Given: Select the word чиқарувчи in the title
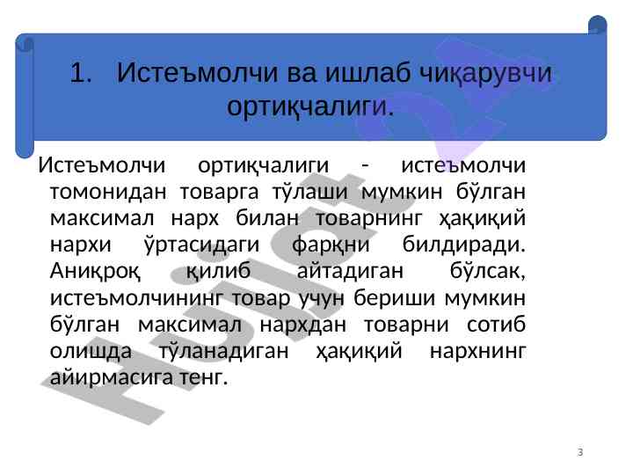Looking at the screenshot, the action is (x=485, y=74).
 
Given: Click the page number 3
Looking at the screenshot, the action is (x=580, y=452).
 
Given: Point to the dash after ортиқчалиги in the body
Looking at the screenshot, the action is (x=365, y=165).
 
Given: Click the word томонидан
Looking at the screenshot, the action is (x=108, y=192).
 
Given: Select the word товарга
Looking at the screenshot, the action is (x=219, y=193).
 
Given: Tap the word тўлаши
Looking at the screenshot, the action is (x=310, y=191).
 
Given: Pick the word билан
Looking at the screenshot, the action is (x=267, y=218).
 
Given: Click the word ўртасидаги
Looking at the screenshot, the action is (x=201, y=245).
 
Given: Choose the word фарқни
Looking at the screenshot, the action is (x=331, y=245).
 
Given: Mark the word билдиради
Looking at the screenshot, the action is (x=464, y=245).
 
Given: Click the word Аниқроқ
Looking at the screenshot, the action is (x=95, y=272).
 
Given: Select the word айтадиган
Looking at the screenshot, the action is (x=350, y=271).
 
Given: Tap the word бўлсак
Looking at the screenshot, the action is (x=488, y=271).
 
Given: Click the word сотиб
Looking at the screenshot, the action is (x=496, y=325).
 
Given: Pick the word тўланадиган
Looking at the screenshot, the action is (x=224, y=351).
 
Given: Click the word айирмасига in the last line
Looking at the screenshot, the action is (x=112, y=378).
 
